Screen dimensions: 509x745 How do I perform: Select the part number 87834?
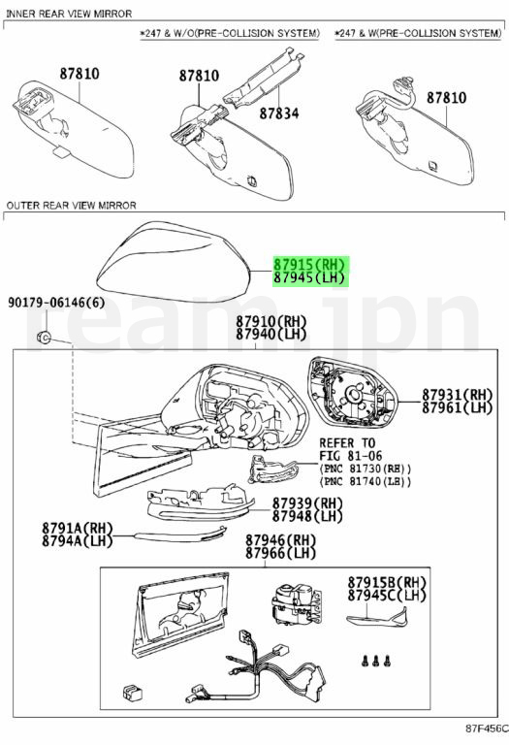click(279, 113)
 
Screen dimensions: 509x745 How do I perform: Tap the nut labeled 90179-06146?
click(44, 337)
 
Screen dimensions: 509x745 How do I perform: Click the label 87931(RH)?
click(458, 395)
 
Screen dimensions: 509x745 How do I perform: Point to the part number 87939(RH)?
click(307, 503)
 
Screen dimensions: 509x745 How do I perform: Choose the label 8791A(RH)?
click(78, 528)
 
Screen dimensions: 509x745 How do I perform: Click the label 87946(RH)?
click(280, 540)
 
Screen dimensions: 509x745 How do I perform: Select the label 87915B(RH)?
click(387, 582)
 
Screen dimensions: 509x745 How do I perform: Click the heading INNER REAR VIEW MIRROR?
click(69, 14)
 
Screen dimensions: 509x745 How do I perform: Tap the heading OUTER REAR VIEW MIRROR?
click(71, 206)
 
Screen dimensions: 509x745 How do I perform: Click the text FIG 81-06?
click(351, 456)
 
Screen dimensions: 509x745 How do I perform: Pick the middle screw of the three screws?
click(376, 660)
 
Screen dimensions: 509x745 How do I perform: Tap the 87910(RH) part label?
click(271, 322)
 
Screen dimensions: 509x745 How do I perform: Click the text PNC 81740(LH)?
click(366, 481)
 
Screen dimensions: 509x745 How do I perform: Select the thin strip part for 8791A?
click(180, 534)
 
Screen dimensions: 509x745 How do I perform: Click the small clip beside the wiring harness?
click(133, 693)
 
